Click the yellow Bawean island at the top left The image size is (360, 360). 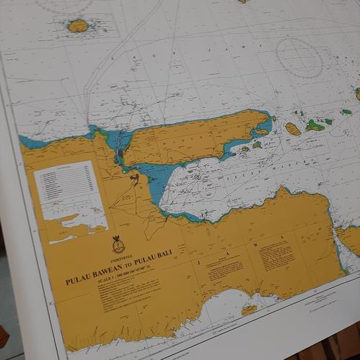click(x=78, y=26)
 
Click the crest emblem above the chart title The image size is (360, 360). click(x=118, y=245)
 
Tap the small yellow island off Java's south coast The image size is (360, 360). click(x=249, y=310)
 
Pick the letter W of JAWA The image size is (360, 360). click(x=254, y=244)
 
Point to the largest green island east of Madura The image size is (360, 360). click(x=315, y=125)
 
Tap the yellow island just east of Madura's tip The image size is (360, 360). click(x=293, y=129)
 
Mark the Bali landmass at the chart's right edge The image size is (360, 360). click(x=350, y=240)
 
